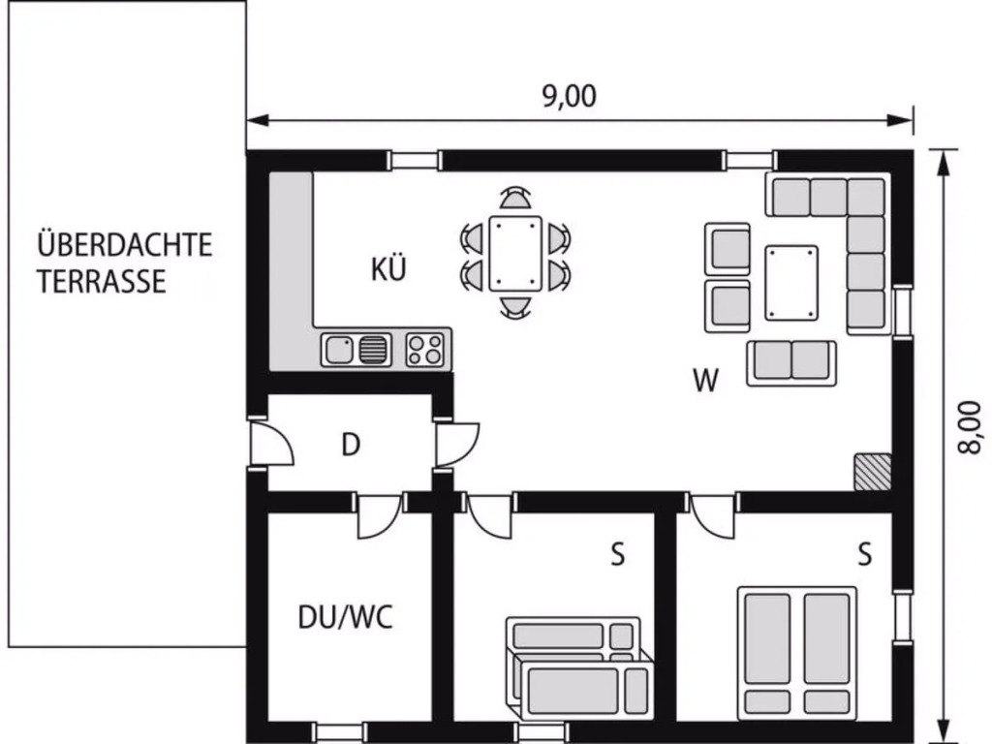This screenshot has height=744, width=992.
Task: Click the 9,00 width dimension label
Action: point(570,96)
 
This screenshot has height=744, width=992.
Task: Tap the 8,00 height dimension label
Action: point(970,427)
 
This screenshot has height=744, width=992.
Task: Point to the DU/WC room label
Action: point(346,617)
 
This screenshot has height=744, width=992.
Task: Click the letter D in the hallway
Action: point(351,445)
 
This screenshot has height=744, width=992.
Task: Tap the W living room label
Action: point(706,380)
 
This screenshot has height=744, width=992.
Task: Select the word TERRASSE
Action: point(102,282)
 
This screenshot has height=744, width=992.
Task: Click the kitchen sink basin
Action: point(339,350)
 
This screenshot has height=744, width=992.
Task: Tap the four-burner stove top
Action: point(425,350)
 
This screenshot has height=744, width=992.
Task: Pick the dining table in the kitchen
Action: point(515,254)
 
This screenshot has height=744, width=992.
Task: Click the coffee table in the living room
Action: point(790,283)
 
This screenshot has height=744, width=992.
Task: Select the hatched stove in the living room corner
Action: point(873,472)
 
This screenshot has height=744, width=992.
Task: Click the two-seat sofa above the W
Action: point(791,363)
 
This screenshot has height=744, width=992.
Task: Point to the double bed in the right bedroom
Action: point(797,653)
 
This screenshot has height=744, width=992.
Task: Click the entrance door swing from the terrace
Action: point(272,443)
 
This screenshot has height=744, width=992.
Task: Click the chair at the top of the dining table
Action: point(515,198)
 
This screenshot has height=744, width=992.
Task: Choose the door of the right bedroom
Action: point(713,516)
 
